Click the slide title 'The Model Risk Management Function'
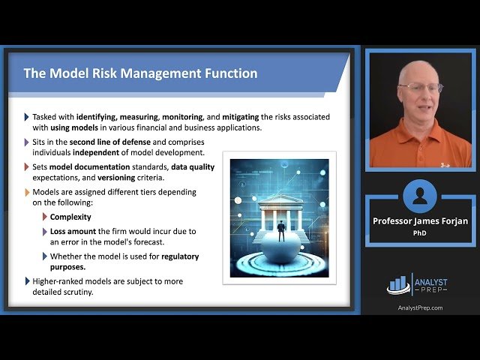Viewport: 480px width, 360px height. point(140,73)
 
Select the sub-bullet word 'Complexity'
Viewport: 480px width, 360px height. point(70,217)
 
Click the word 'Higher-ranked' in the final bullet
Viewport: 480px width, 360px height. point(59,281)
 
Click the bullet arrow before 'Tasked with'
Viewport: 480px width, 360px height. point(27,117)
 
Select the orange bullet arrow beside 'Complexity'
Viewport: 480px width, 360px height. point(44,217)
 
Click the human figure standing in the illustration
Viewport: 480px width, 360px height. point(281,229)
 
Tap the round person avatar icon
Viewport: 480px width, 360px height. point(420,196)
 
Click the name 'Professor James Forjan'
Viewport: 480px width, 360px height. point(420,220)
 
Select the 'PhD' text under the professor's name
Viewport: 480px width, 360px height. point(420,232)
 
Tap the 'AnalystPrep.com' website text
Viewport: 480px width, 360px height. point(420,307)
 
